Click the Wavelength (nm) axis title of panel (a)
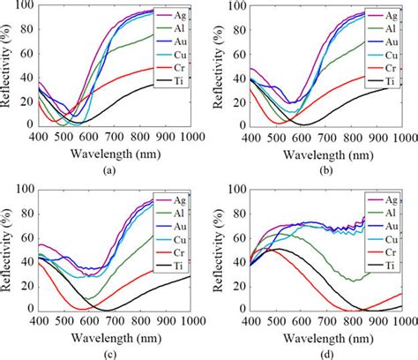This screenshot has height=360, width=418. coord(108,153)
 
